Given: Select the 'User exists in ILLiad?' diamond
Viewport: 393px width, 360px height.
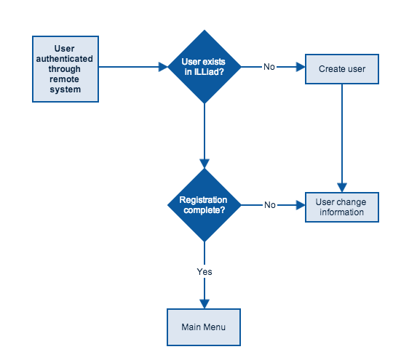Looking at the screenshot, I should (205, 67).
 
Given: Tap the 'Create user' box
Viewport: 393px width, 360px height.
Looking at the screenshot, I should (341, 69).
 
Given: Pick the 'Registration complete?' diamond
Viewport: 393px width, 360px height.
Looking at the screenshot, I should (205, 205).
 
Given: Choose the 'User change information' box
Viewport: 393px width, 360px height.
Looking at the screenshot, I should (341, 207).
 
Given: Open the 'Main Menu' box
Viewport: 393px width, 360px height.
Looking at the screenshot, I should (203, 327).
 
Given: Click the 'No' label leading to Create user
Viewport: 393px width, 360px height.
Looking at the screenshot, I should (269, 67).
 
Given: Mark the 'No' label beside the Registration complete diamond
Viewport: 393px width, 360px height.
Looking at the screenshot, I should (270, 205).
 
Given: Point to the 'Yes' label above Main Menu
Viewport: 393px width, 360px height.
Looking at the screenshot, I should (205, 271).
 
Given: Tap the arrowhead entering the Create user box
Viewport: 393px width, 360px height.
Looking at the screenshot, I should (299, 67).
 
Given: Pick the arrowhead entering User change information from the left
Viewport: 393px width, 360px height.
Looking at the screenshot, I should (299, 205).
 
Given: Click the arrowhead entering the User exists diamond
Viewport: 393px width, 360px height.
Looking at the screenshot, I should (163, 67).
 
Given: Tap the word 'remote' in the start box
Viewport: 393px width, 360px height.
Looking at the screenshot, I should (65, 81).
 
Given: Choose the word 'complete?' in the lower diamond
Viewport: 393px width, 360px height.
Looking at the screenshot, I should (204, 210).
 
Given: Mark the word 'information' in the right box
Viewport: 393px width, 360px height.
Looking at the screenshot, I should (341, 212).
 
